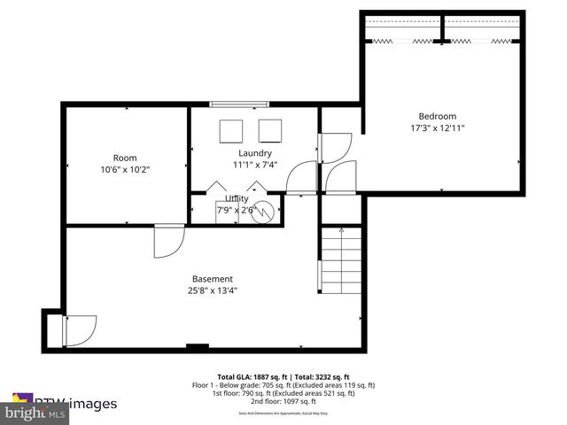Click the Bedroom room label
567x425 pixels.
(x=437, y=116)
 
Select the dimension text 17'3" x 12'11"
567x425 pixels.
(x=437, y=128)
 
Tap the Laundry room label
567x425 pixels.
(x=254, y=153)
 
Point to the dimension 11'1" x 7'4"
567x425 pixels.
(x=255, y=165)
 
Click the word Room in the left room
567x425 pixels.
(x=125, y=158)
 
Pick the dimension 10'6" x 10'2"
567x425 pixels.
(x=125, y=169)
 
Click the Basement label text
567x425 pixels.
(x=213, y=278)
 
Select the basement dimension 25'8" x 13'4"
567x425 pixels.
(x=213, y=290)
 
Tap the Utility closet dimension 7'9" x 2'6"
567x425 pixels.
(x=236, y=211)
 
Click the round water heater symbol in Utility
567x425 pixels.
(x=263, y=211)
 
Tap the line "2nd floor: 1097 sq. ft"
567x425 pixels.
(x=283, y=402)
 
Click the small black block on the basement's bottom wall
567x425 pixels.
(x=198, y=346)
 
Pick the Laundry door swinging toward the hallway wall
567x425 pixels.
(x=301, y=176)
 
